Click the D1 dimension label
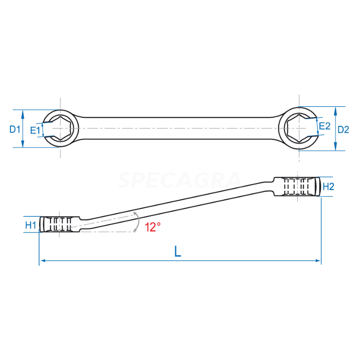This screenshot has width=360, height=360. pyautogui.click(x=15, y=130)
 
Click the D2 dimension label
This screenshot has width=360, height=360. pyautogui.click(x=343, y=130)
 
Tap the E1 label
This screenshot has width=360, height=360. pyautogui.click(x=35, y=130)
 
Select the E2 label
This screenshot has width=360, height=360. pyautogui.click(x=324, y=126)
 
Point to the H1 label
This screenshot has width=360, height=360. pyautogui.click(x=31, y=225)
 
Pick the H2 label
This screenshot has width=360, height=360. pyautogui.click(x=328, y=187)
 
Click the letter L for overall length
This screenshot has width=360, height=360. pyautogui.click(x=178, y=252)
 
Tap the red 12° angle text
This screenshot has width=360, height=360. pyautogui.click(x=153, y=227)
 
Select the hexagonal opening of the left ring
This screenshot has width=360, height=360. pyautogui.click(x=60, y=128)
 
